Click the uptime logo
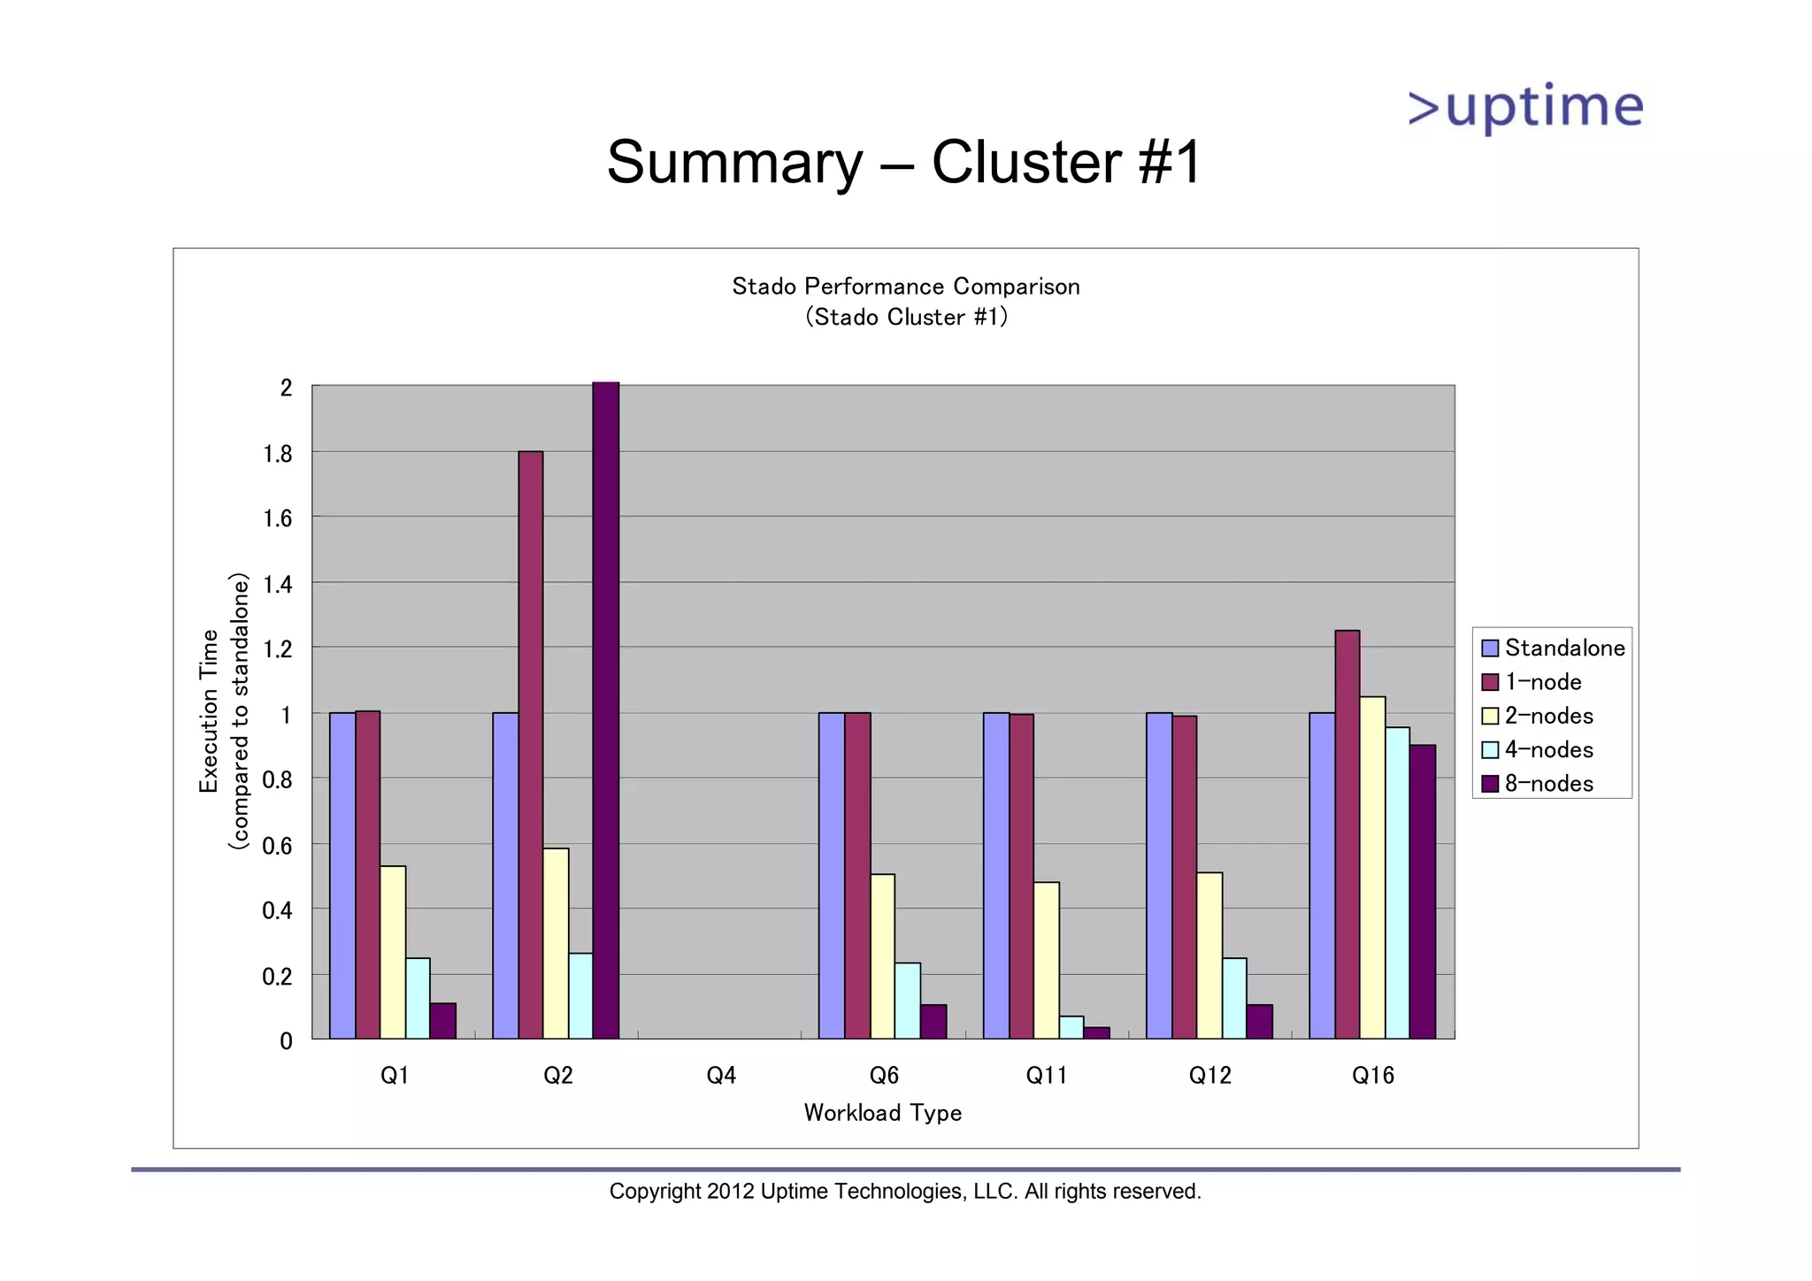(1525, 108)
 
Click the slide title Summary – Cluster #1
(903, 162)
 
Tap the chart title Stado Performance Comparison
(905, 287)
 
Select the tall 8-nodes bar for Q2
(606, 708)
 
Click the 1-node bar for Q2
(531, 743)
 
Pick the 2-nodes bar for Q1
(393, 951)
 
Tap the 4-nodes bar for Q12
(1234, 997)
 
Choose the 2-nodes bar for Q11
(1046, 959)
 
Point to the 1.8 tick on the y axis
(277, 454)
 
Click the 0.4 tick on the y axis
(277, 910)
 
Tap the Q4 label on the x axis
(721, 1076)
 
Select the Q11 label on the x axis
(1047, 1076)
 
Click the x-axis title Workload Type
(882, 1113)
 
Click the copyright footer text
(905, 1192)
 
